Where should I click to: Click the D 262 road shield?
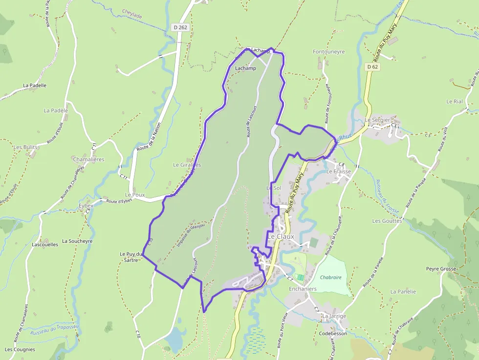[180, 27]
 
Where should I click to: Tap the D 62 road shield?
[372, 66]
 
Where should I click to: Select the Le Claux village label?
[281, 236]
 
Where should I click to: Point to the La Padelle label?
[35, 85]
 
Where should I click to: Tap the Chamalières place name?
[88, 159]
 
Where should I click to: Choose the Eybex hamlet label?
[86, 206]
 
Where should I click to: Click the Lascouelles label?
[44, 244]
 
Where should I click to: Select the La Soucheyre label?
[77, 241]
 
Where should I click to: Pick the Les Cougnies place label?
[20, 349]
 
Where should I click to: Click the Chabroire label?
[330, 277]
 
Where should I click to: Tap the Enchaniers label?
[303, 289]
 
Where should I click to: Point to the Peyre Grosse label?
[441, 269]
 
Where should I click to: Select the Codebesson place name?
[333, 334]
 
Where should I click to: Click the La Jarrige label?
[334, 316]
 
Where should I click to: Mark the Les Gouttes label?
[387, 221]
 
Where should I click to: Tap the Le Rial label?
[454, 102]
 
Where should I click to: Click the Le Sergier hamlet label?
[377, 120]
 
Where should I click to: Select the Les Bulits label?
[25, 147]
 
